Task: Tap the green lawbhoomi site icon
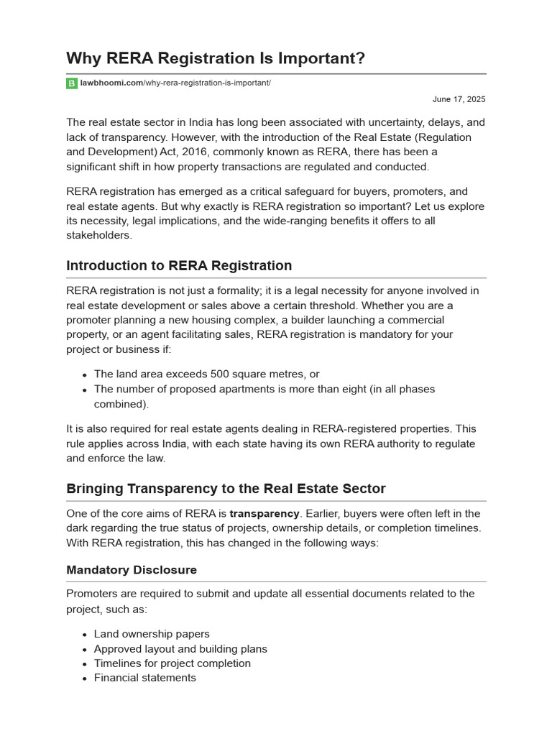coord(71,83)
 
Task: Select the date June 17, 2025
coord(459,99)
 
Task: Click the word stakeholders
coord(99,235)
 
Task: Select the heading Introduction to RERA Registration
coord(179,266)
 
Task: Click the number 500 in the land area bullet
coord(220,374)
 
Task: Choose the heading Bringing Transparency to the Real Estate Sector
coord(226,489)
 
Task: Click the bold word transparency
coord(264,514)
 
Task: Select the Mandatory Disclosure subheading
coord(132,570)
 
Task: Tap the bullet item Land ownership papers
coord(152,634)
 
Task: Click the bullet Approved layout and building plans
coord(180,649)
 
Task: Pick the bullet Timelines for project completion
coord(172,663)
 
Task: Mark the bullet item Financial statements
coord(144,678)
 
